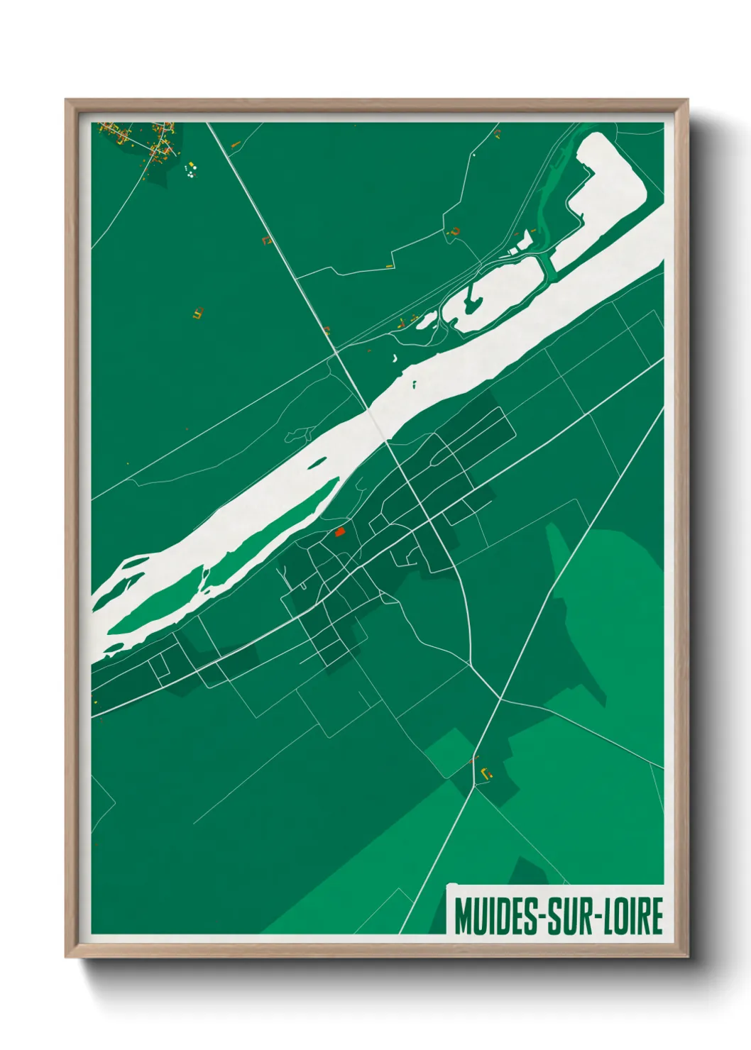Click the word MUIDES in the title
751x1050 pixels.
(495, 916)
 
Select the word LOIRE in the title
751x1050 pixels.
(632, 916)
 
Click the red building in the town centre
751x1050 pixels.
(339, 531)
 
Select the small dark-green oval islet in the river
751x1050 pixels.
(317, 463)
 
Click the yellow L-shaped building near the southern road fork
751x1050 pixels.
(486, 773)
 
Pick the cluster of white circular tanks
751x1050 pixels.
(190, 170)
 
